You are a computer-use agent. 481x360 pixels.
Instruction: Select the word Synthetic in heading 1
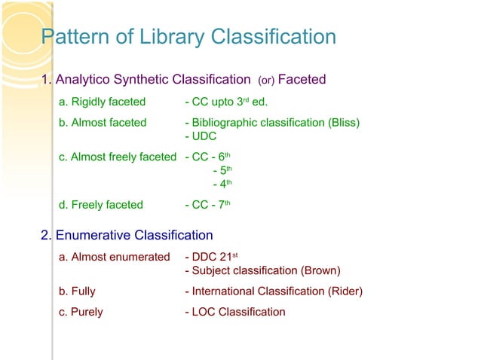point(140,79)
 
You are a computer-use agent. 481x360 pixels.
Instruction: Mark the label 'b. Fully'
point(77,291)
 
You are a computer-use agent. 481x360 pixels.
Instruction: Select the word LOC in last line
point(204,311)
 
